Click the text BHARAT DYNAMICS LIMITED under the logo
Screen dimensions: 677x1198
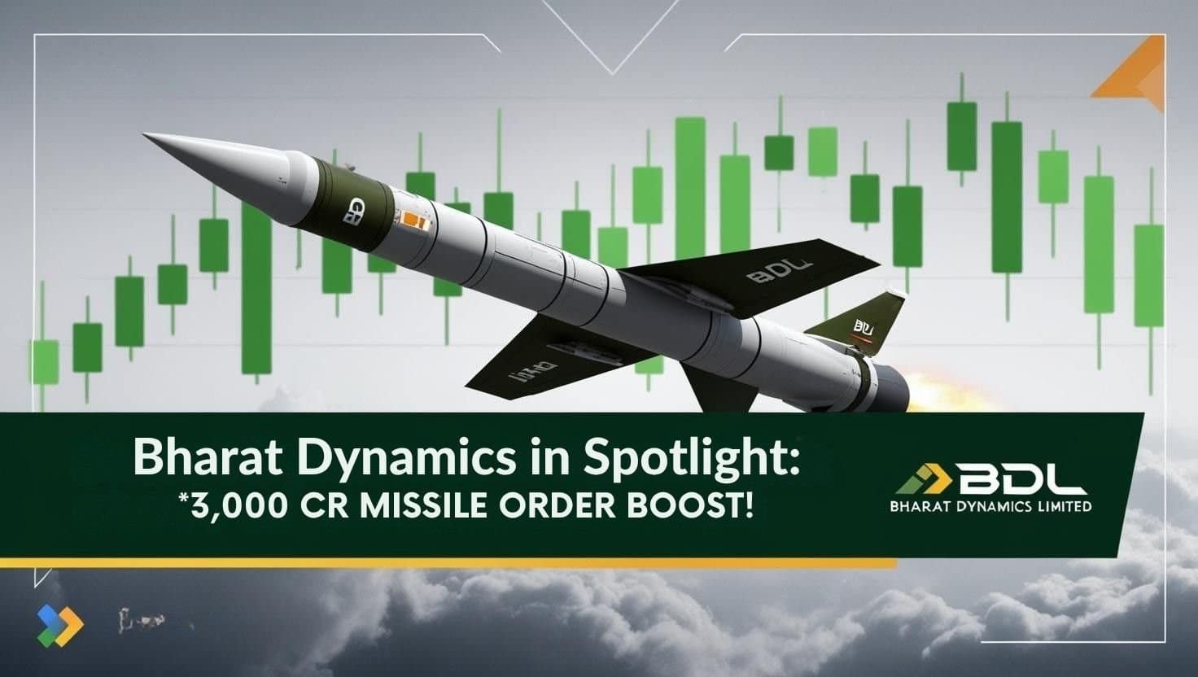[990, 506]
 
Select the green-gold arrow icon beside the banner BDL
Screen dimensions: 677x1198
[920, 481]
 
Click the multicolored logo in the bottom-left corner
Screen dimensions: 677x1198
[60, 622]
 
